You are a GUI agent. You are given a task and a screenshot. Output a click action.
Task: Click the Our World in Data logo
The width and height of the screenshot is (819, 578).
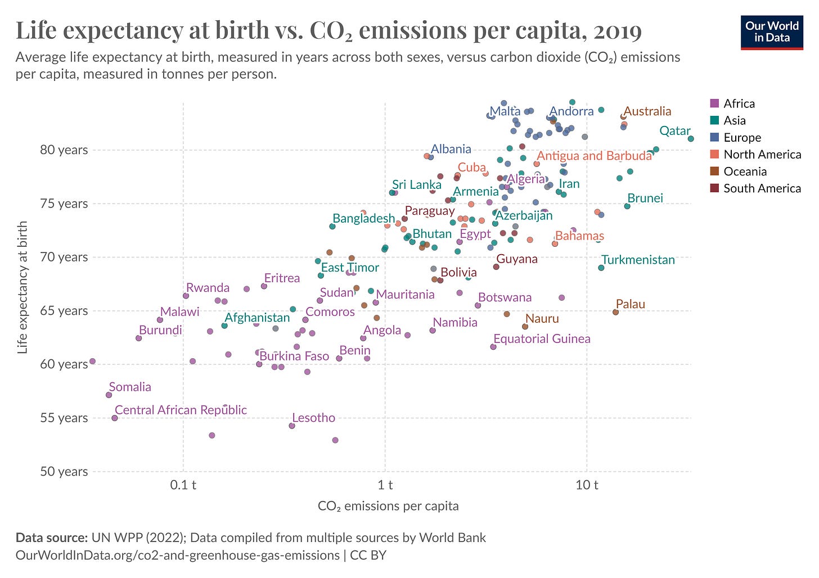click(771, 32)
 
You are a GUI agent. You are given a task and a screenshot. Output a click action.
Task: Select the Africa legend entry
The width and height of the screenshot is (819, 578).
click(739, 103)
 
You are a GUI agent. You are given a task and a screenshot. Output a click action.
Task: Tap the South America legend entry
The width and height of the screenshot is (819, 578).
click(762, 188)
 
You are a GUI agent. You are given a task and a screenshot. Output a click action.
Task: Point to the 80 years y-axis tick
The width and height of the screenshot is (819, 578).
click(64, 150)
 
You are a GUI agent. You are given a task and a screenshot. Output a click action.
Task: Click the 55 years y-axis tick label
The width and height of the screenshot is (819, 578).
click(64, 418)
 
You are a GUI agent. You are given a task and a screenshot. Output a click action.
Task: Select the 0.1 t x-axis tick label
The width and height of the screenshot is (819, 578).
click(183, 485)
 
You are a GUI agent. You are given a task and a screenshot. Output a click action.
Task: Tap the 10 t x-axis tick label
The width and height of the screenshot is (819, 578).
click(587, 485)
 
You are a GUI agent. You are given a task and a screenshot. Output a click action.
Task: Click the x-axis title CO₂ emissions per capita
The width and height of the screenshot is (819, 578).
click(388, 506)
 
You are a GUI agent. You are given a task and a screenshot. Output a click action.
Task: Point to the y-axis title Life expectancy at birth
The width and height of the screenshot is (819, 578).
click(22, 287)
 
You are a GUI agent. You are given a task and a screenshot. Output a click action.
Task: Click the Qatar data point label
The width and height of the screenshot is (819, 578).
click(674, 131)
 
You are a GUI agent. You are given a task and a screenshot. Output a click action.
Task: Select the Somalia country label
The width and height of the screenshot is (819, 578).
click(130, 387)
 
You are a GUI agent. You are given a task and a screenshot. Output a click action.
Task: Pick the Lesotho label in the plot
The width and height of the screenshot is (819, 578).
click(313, 418)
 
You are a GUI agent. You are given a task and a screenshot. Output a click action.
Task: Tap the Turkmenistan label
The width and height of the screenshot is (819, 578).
click(638, 260)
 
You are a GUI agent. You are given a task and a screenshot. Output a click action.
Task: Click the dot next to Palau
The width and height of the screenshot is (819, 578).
click(615, 312)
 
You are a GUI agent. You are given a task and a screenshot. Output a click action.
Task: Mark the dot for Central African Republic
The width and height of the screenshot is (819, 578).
click(115, 418)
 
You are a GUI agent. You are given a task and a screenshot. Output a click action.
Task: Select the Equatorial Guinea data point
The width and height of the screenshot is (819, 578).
click(493, 347)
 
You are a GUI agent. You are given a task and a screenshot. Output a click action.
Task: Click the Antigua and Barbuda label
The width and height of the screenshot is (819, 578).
click(594, 156)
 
